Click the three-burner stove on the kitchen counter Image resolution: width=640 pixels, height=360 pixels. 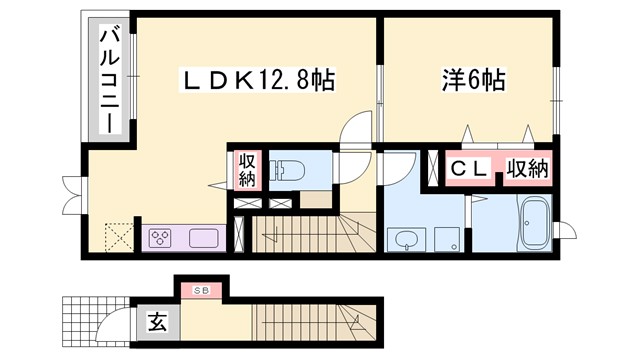[x=162, y=239]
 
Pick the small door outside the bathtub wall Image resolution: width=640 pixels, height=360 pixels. [x=567, y=228]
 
